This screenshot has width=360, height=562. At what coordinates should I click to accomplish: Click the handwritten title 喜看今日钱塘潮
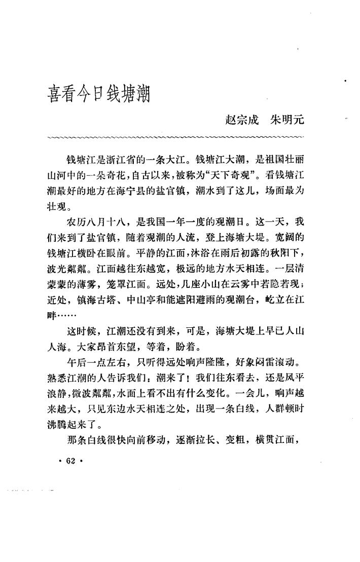coord(96,93)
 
